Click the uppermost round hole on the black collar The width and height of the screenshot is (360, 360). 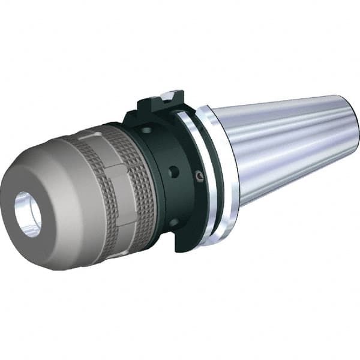pyautogui.click(x=146, y=130)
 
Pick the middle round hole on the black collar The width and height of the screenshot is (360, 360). pyautogui.click(x=174, y=172)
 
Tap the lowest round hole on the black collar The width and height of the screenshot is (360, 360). pyautogui.click(x=174, y=223)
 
